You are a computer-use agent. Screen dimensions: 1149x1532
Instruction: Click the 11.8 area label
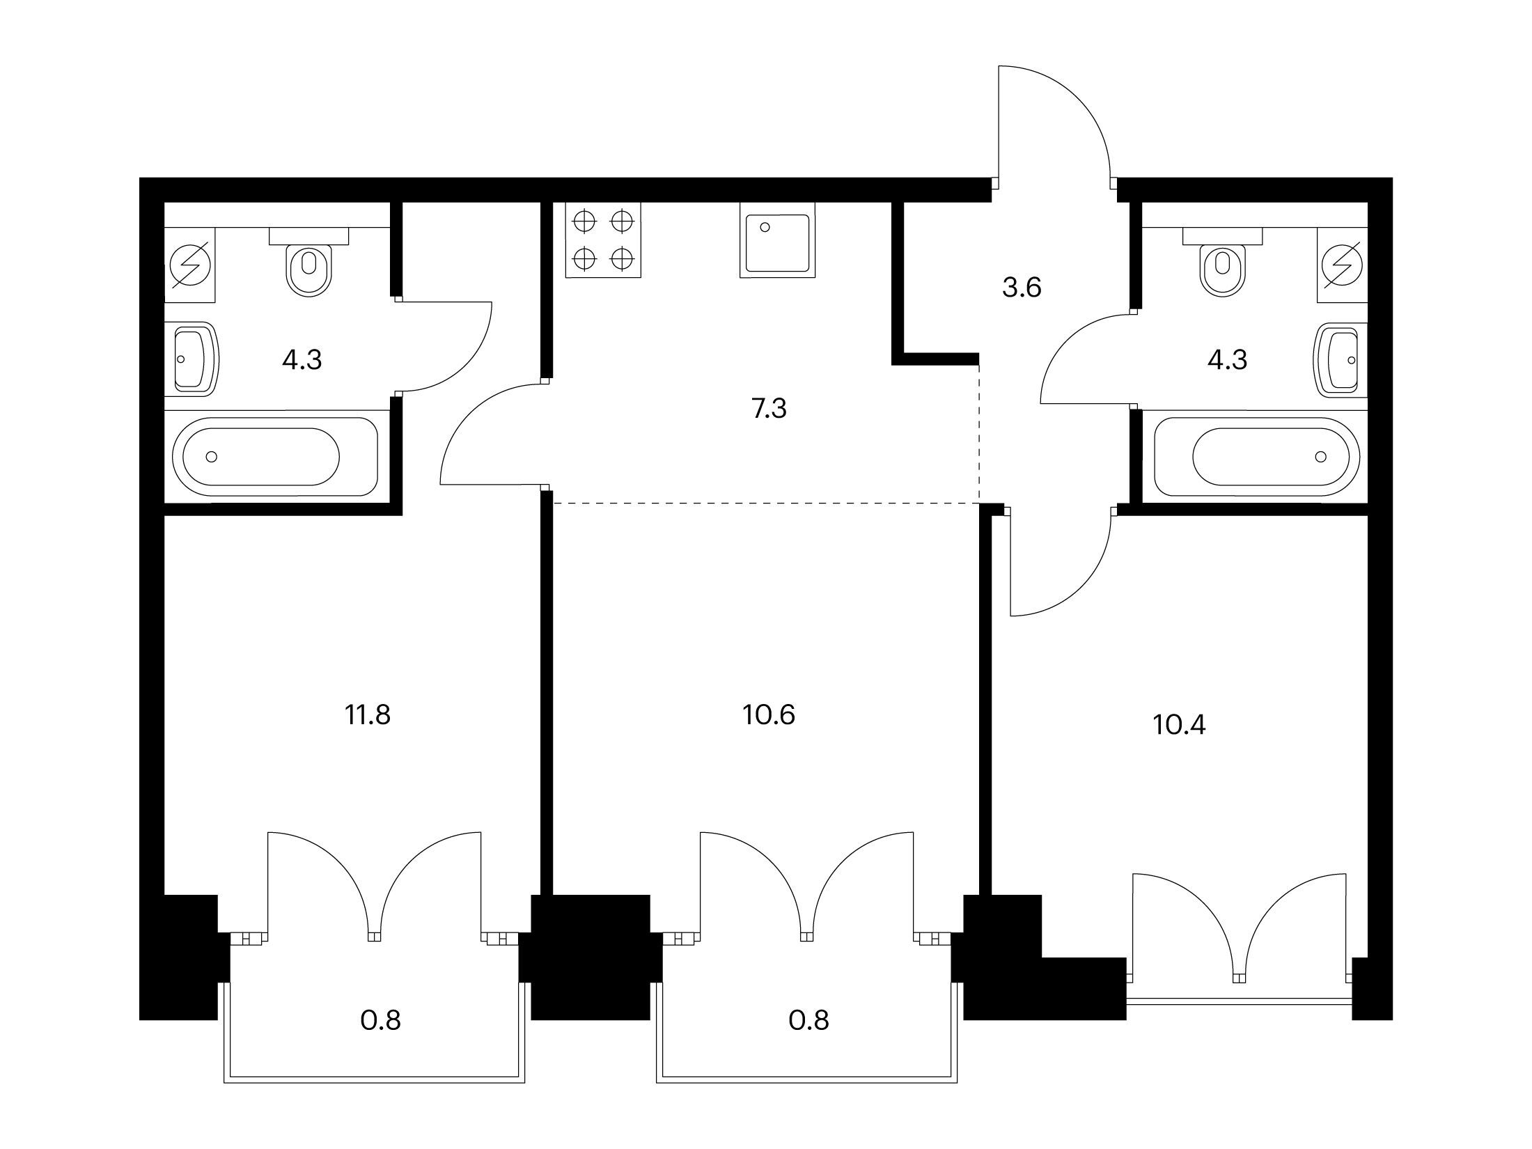click(368, 714)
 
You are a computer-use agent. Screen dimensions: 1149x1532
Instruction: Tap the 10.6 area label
click(769, 714)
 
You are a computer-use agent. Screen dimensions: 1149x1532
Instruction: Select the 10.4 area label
click(1179, 725)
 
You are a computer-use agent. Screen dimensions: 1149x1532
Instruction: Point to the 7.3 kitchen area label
click(769, 409)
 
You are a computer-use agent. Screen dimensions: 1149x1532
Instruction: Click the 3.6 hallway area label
click(1022, 287)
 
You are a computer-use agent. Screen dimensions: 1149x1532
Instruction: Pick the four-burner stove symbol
click(603, 241)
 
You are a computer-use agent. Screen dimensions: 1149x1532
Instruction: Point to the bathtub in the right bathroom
click(1256, 456)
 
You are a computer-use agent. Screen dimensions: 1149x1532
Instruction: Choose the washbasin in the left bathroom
click(192, 359)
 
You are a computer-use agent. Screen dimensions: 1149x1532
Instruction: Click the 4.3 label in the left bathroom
click(302, 359)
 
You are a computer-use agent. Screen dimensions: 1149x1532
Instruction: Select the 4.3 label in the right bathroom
click(1227, 359)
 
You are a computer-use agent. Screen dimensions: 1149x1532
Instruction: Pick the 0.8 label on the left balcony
click(381, 1020)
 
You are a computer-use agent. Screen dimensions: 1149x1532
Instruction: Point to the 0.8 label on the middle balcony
click(808, 1020)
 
